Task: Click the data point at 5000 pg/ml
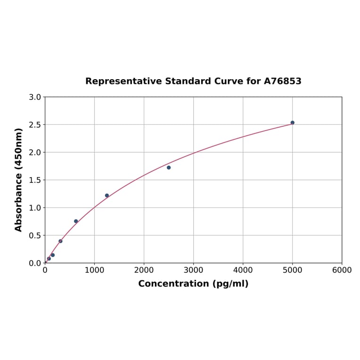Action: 292,123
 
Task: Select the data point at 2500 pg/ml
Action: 169,167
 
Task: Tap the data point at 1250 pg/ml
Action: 107,196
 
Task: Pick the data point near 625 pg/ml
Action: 76,221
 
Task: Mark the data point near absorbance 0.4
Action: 60,241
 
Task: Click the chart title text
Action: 193,82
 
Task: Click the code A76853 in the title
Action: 282,82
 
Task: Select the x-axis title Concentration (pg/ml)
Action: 193,284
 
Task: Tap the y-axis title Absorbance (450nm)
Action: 19,180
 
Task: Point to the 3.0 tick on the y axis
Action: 35,97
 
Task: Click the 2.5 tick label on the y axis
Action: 35,125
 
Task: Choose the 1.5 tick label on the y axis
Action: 35,180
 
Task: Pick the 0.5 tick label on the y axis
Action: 35,235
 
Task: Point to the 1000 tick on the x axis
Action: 94,270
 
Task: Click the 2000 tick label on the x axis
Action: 144,270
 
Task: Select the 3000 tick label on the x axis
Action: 193,270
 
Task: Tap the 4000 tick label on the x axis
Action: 243,270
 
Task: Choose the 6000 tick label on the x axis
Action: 342,270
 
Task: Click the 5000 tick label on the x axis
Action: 292,270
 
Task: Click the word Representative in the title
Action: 123,82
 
